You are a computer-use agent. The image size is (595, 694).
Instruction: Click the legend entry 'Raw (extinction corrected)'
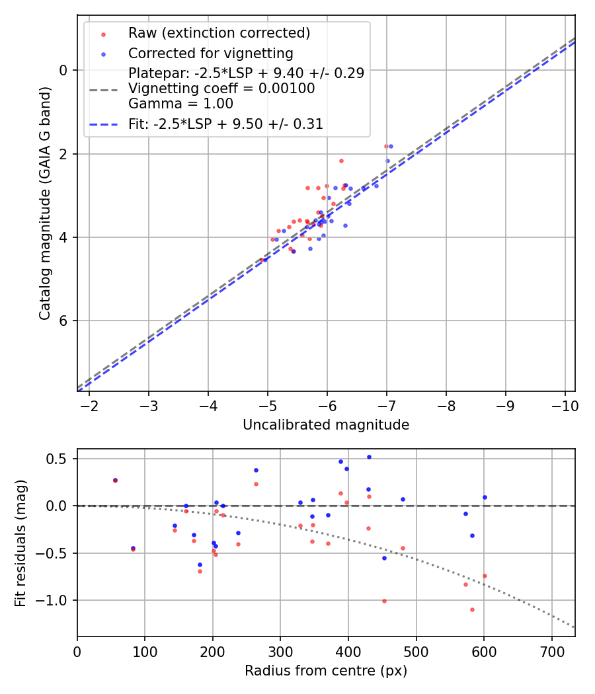pyautogui.click(x=219, y=33)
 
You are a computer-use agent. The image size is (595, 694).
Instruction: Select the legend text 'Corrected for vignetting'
pyautogui.click(x=210, y=53)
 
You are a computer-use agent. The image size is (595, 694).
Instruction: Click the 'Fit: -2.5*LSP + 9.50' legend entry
pyautogui.click(x=225, y=124)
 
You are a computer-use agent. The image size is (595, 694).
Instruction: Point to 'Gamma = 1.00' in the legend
pyautogui.click(x=180, y=103)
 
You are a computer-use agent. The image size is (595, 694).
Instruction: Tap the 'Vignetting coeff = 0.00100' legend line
pyautogui.click(x=221, y=89)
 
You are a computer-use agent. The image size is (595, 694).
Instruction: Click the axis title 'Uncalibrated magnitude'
pyautogui.click(x=325, y=425)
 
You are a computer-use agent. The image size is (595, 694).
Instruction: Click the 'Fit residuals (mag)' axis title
pyautogui.click(x=20, y=543)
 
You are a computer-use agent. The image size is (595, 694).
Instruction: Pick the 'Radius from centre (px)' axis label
pyautogui.click(x=325, y=671)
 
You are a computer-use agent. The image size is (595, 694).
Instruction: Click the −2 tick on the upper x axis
pyautogui.click(x=89, y=404)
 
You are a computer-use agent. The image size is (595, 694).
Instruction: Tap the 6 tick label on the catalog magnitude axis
pyautogui.click(x=63, y=321)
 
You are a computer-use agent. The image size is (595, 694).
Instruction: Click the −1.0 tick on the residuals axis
pyautogui.click(x=58, y=600)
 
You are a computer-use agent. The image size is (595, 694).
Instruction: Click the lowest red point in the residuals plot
pyautogui.click(x=472, y=609)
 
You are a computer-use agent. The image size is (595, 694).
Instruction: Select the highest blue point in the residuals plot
pyautogui.click(x=369, y=457)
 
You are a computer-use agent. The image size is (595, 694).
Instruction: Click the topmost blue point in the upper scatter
pyautogui.click(x=391, y=146)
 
